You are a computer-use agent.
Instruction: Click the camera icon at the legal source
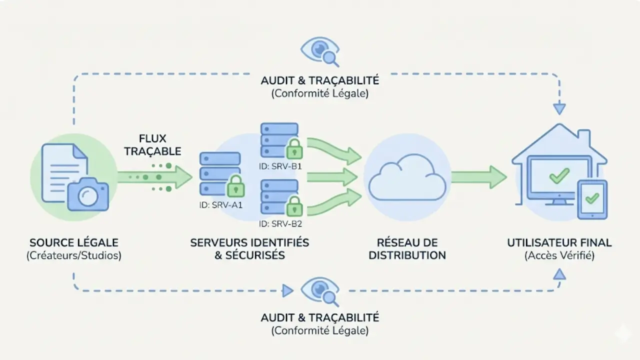[88, 194]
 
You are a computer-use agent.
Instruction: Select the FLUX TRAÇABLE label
[152, 145]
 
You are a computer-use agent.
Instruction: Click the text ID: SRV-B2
[280, 223]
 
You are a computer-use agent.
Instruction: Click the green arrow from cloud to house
[478, 177]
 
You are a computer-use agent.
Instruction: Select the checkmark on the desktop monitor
[559, 175]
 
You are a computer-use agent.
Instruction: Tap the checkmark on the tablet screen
[592, 198]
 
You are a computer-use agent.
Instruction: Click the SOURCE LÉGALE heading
[74, 243]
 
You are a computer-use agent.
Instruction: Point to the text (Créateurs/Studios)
[74, 256]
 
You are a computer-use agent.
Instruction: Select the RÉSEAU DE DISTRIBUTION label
[407, 249]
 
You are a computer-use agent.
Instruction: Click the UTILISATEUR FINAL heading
[559, 243]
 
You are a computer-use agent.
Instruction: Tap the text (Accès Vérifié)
[559, 256]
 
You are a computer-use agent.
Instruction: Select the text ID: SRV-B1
[280, 166]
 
